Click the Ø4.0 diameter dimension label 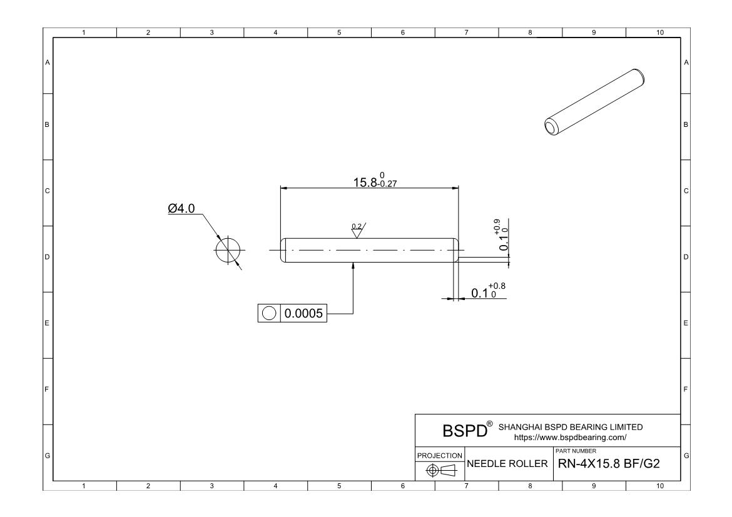[x=181, y=208]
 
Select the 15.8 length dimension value [x=365, y=183]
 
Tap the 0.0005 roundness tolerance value [x=303, y=313]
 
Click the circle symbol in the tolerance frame [x=269, y=313]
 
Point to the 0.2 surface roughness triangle [x=358, y=230]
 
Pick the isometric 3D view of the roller [x=595, y=102]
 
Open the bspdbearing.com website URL [x=570, y=438]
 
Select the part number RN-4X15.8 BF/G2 [x=609, y=464]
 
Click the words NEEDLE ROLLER [x=507, y=464]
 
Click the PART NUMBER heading [x=576, y=451]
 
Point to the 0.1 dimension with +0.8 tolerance [x=488, y=291]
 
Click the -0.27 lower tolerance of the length [x=387, y=184]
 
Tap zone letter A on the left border [x=47, y=62]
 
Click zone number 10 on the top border [x=659, y=33]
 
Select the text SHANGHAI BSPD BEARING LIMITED [x=571, y=427]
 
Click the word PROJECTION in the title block [x=440, y=455]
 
